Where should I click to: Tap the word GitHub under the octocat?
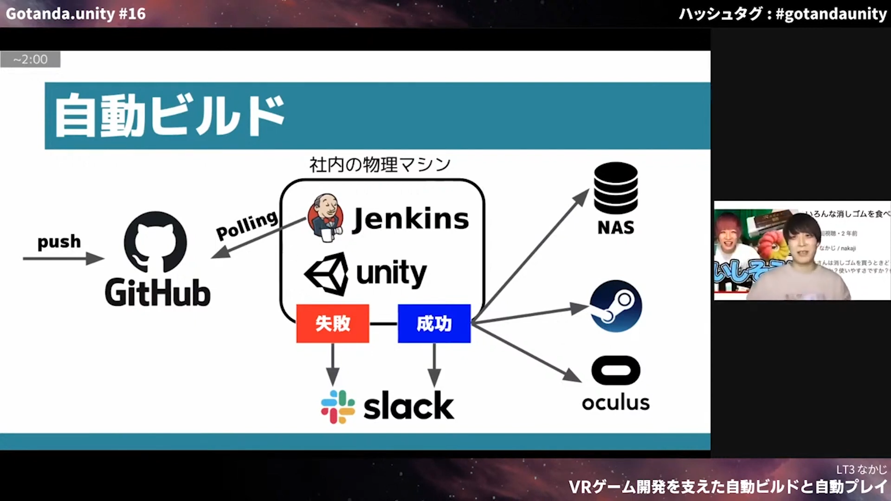(x=158, y=293)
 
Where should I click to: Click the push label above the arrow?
(x=59, y=242)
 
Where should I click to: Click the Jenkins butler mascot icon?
(x=326, y=218)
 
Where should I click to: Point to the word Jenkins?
(x=411, y=219)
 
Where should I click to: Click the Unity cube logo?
(x=327, y=274)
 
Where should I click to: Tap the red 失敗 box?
(x=333, y=323)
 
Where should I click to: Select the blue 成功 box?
(x=434, y=323)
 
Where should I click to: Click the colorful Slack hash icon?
(x=338, y=407)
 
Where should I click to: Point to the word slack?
(x=408, y=406)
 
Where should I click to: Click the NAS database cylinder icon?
(x=616, y=188)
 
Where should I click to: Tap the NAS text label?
(x=616, y=228)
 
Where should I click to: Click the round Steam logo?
(x=616, y=306)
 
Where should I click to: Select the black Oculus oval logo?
(x=616, y=370)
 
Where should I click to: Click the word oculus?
(x=616, y=403)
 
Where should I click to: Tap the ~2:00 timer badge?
(x=30, y=59)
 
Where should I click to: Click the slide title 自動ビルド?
(x=169, y=116)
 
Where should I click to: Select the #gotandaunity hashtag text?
(x=831, y=14)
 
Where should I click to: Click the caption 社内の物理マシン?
(x=380, y=165)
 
